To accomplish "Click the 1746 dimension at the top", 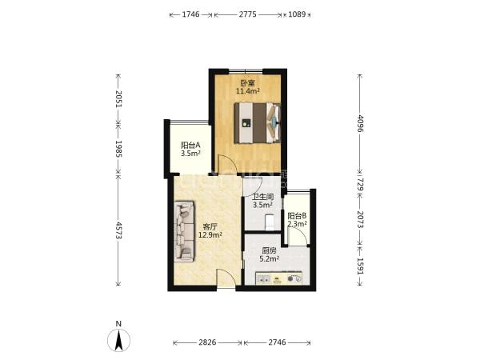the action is point(190,14).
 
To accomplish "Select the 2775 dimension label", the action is point(248,14).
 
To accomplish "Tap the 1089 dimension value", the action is point(297,14).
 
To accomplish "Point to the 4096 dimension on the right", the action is point(360,123).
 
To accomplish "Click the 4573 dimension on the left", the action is point(118,231).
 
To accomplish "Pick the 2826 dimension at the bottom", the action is point(207,342).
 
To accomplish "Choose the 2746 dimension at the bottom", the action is point(277,342).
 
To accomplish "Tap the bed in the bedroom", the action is point(258,122).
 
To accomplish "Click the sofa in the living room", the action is point(184,231).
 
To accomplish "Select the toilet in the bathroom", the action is point(270,222).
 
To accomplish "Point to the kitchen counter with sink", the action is point(279,278).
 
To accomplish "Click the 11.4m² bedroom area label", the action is point(248,91).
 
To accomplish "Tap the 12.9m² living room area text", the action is point(210,235).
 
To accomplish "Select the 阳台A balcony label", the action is point(190,145).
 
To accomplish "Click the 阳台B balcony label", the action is point(297,215).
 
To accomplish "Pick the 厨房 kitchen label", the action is point(269,251).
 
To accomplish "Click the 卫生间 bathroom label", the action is point(262,197).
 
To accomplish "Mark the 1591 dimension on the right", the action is point(360,267).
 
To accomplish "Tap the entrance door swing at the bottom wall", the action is point(226,278).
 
